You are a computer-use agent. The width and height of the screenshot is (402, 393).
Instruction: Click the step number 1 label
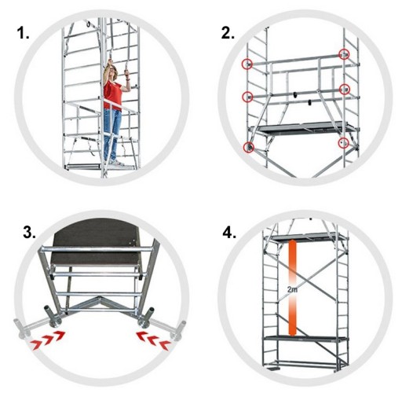tap(24, 34)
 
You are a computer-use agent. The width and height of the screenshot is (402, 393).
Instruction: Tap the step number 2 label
tap(228, 33)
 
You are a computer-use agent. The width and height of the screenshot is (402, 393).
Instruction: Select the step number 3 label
tap(29, 233)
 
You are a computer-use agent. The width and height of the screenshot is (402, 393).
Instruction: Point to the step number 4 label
tap(229, 233)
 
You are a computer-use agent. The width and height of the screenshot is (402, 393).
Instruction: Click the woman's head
tap(113, 70)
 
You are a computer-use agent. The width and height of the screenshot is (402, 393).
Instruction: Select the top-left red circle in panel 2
tap(247, 64)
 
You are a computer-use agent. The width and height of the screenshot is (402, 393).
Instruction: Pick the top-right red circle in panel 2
tap(344, 54)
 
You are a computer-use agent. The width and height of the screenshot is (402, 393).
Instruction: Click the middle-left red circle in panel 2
tap(247, 97)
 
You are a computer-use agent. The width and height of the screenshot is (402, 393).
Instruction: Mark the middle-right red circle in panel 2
tap(345, 90)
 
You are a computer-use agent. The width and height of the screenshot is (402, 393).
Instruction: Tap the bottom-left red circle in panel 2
tap(249, 147)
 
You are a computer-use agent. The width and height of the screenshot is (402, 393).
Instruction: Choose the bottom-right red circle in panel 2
tap(343, 143)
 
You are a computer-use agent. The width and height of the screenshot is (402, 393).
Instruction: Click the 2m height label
tap(292, 290)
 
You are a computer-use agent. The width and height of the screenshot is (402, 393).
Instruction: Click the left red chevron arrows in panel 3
tap(47, 340)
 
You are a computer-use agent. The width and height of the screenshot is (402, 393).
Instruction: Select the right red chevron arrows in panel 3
tap(153, 340)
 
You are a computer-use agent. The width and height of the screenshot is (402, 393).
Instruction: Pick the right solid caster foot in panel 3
tap(146, 318)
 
